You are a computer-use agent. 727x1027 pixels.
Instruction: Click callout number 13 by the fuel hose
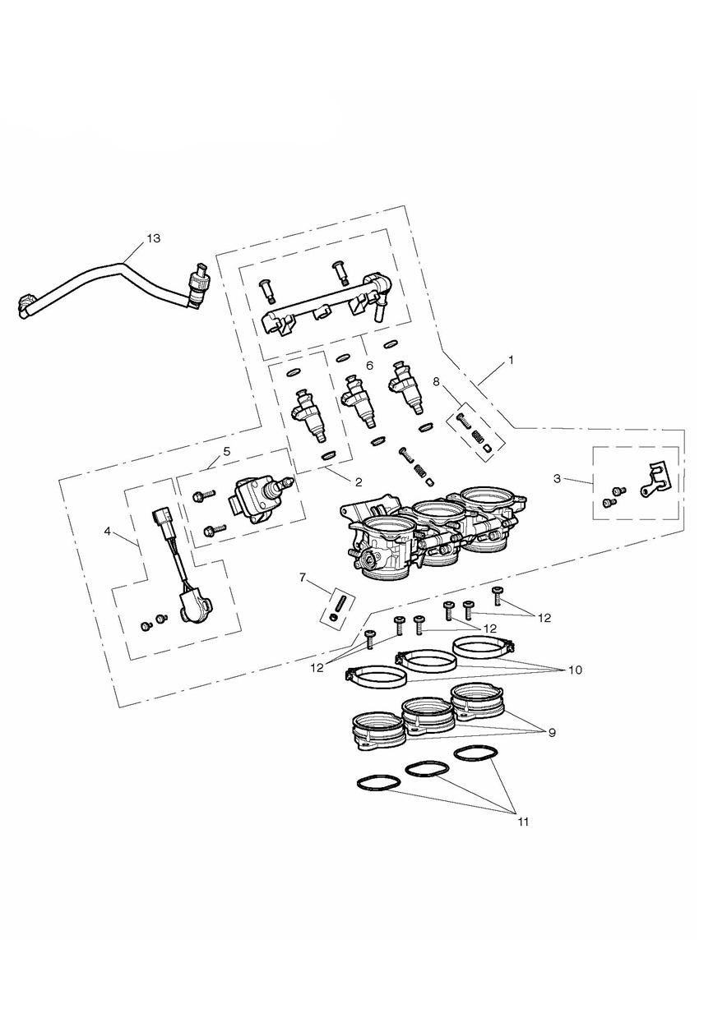coord(154,238)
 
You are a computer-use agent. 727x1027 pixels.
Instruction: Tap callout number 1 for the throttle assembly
coord(511,360)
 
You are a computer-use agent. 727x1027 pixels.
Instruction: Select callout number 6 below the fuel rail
coord(370,366)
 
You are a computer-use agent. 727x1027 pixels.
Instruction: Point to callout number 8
coord(436,381)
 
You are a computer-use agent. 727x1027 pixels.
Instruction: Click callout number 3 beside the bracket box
coord(557,479)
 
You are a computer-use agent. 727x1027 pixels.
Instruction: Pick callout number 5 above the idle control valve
coord(227,451)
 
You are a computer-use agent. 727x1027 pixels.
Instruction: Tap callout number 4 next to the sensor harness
coord(108,532)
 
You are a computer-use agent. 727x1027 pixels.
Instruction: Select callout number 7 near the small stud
coord(302,578)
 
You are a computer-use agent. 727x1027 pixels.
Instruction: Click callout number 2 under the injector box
coord(359,481)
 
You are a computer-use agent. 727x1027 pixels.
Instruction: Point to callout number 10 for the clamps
coord(575,670)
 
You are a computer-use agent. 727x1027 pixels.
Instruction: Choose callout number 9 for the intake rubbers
coord(552,733)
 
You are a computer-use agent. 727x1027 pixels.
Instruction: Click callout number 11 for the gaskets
coord(523,822)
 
